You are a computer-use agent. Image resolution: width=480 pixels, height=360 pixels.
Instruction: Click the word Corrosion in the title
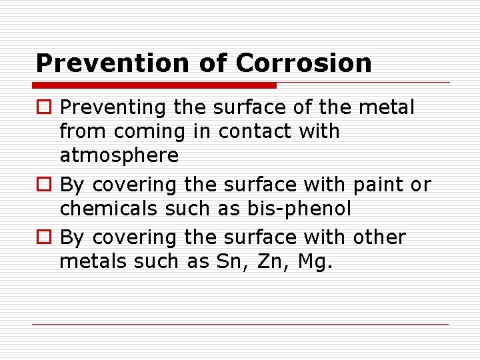[303, 63]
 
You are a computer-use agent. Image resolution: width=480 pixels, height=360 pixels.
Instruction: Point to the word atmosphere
[119, 156]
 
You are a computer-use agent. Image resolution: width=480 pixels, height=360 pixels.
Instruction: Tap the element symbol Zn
[268, 261]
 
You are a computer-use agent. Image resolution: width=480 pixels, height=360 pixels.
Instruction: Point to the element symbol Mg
[314, 262]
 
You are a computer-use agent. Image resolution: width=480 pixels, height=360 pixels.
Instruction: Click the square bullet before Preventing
[44, 107]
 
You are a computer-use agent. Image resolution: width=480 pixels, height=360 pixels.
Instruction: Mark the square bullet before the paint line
[44, 185]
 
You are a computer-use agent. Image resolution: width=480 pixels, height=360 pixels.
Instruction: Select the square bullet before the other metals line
[44, 237]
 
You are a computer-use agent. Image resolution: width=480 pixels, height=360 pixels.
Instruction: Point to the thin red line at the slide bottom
[240, 325]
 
